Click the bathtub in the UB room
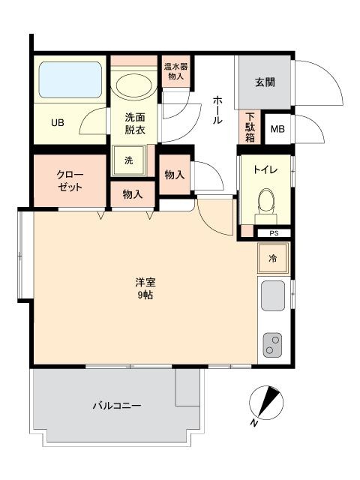point(70,80)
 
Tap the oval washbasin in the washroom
point(133,85)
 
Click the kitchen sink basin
point(273,295)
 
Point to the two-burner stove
point(272,345)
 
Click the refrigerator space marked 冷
point(273,258)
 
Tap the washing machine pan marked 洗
point(129,160)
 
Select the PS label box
point(274,233)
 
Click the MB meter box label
point(277,129)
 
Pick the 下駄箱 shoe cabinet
point(250,127)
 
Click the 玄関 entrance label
point(265,82)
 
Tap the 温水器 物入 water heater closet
point(176,71)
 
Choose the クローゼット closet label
point(70,181)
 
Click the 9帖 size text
point(145,295)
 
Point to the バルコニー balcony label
point(117,406)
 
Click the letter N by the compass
point(253,423)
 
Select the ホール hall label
point(217,110)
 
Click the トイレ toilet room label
point(265,169)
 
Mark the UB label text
point(58,123)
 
